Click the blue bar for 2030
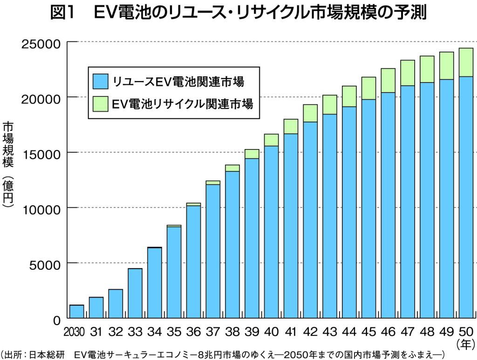click(76, 312)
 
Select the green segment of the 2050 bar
click(466, 62)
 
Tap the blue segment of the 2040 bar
click(272, 232)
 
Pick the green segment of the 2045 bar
click(368, 88)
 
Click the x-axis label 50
click(466, 332)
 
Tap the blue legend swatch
click(101, 82)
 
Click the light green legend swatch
click(101, 103)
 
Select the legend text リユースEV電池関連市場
click(177, 82)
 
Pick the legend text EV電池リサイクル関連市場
click(182, 103)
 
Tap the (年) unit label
click(466, 345)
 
